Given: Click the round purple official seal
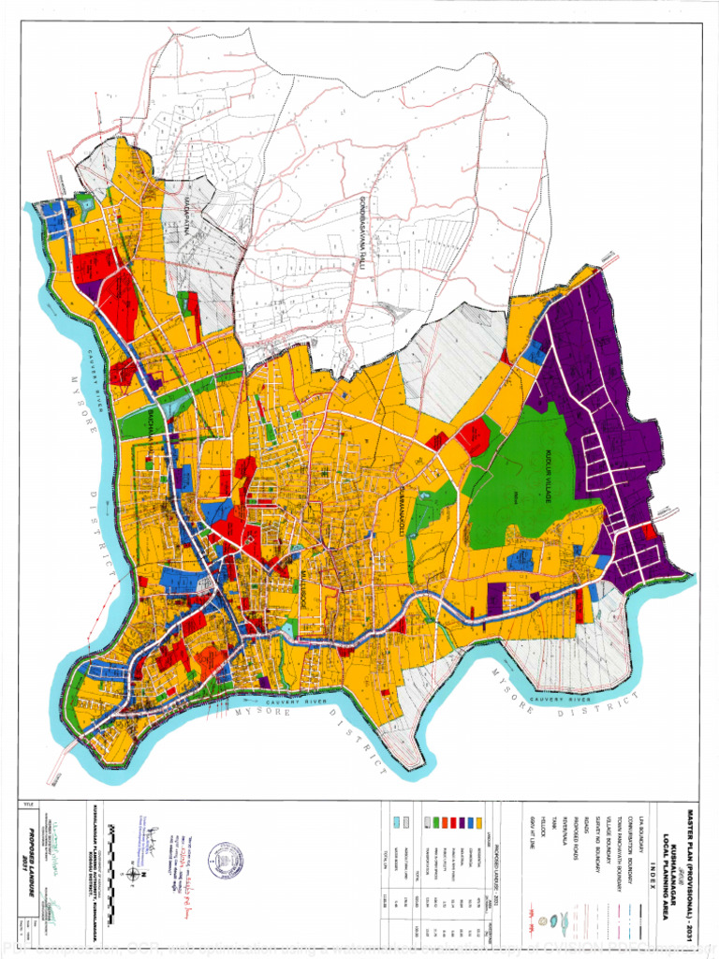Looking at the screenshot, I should click(225, 859).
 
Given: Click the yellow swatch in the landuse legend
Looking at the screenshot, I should click(480, 822).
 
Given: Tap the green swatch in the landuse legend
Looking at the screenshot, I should click(435, 822).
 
